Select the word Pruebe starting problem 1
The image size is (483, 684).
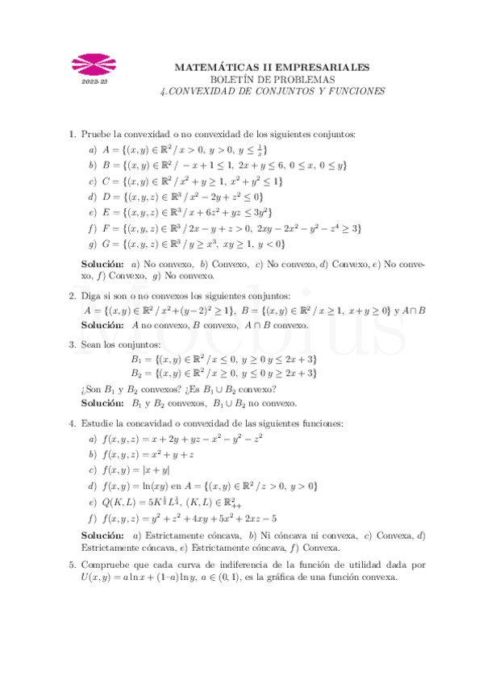pyautogui.click(x=97, y=134)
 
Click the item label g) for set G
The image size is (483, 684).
pyautogui.click(x=93, y=244)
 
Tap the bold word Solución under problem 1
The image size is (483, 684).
pyautogui.click(x=102, y=265)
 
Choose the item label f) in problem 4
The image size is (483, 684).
pyautogui.click(x=93, y=519)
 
